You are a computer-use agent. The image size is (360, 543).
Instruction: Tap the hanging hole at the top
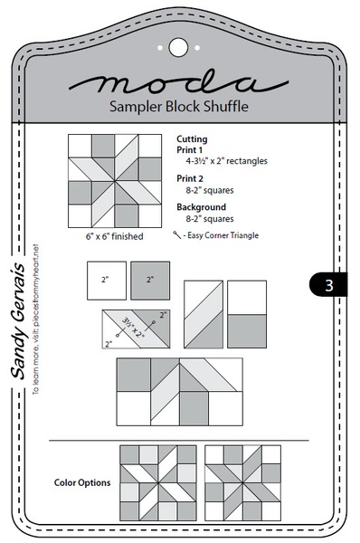coord(178,44)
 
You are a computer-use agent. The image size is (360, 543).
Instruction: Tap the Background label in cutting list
coord(198,207)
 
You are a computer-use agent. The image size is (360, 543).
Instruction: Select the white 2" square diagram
coord(105,281)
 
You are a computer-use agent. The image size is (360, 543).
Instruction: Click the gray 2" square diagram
coord(149,281)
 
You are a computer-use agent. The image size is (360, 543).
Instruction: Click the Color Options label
coord(83,482)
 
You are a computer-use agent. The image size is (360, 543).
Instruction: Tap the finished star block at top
coord(107,181)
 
